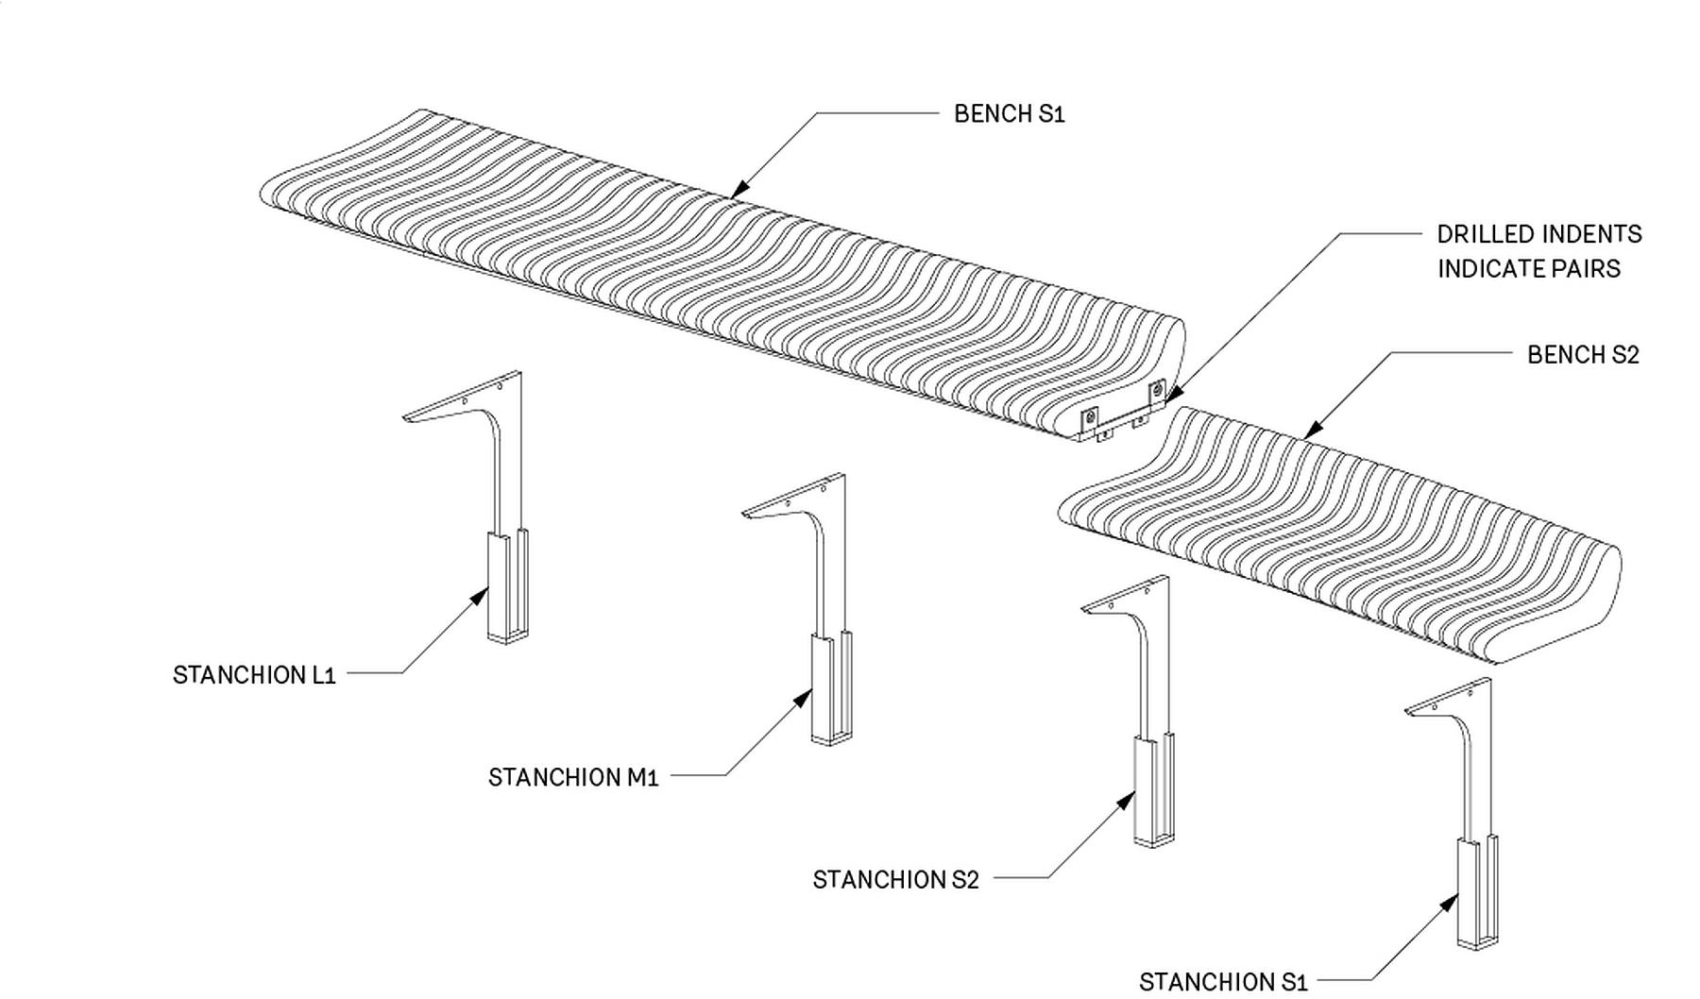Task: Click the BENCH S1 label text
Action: coord(1009,114)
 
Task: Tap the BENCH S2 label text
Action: coord(1583,355)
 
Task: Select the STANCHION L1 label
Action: coord(254,675)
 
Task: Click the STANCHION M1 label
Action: coord(572,777)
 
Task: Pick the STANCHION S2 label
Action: coord(895,880)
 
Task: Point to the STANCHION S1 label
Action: coord(1223,982)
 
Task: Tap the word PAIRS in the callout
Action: coord(1590,269)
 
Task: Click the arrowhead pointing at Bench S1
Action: coord(739,188)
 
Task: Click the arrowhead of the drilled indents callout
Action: coord(1171,398)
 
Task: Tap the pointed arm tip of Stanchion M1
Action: coord(746,514)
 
